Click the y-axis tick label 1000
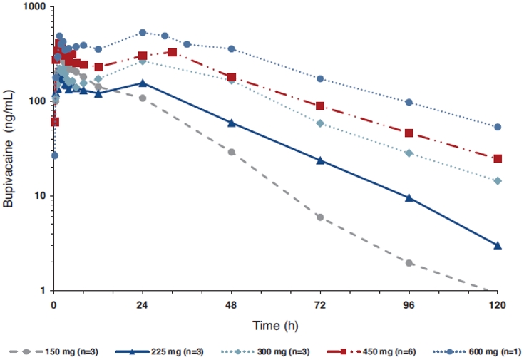33,7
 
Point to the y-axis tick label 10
39,196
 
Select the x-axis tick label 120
498,305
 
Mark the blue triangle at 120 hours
498,245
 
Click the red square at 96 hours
409,133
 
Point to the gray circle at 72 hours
320,217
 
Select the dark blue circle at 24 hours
143,32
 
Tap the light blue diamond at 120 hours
498,181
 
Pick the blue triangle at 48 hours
232,123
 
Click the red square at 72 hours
320,106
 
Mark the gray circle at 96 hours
409,263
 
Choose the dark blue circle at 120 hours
498,127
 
